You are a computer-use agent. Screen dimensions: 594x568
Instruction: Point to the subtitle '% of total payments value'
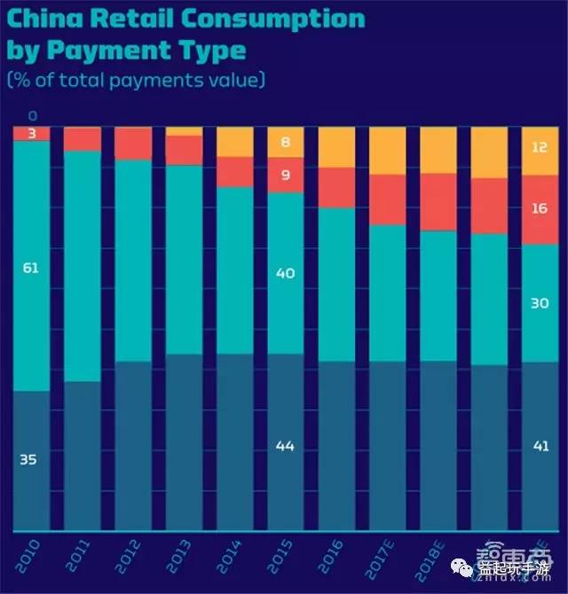coord(135,80)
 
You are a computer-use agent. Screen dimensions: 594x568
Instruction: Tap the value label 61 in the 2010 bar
coord(29,267)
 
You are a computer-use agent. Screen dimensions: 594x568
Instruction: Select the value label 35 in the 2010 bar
coord(29,459)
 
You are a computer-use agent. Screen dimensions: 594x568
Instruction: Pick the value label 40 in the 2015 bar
coord(285,274)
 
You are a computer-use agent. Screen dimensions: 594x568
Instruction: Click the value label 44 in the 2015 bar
coord(285,447)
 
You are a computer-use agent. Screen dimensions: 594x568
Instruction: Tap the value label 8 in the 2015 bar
coord(285,142)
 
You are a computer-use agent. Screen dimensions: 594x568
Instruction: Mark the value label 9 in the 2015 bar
coord(285,175)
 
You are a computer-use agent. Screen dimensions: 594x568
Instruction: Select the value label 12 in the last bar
coord(539,147)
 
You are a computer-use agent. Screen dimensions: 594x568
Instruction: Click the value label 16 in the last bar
coord(539,208)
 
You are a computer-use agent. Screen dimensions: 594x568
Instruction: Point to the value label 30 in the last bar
coord(539,302)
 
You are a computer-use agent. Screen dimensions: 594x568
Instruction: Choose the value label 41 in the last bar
coord(539,447)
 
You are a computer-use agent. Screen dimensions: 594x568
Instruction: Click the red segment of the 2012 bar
coord(133,144)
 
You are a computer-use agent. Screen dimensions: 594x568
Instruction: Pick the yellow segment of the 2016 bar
coord(336,147)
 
